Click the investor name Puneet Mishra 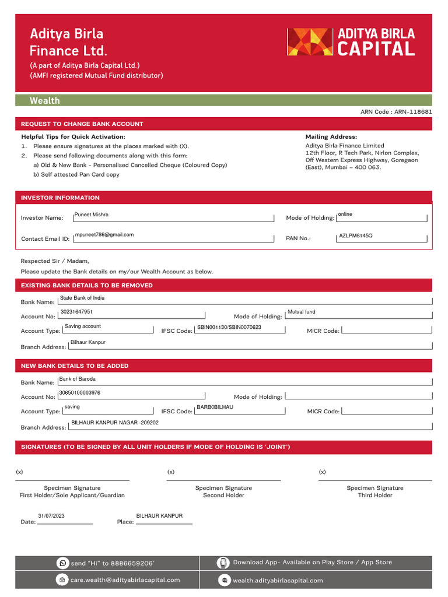tap(91, 215)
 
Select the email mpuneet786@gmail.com tap(104, 235)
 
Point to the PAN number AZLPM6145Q tap(355, 236)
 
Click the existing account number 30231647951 tap(76, 312)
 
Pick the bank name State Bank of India tap(82, 298)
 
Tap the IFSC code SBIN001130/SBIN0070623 tap(229, 327)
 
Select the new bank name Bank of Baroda tap(78, 379)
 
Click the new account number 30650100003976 tap(80, 393)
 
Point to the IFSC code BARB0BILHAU tap(215, 408)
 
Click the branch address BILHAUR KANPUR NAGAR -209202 tap(114, 423)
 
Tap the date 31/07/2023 tap(51, 517)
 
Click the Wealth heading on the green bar tap(45, 101)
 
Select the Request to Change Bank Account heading tap(82, 124)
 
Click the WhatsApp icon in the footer tap(62, 563)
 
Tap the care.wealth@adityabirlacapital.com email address tap(125, 580)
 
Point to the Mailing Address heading tap(331, 136)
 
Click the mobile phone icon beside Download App tap(223, 563)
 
